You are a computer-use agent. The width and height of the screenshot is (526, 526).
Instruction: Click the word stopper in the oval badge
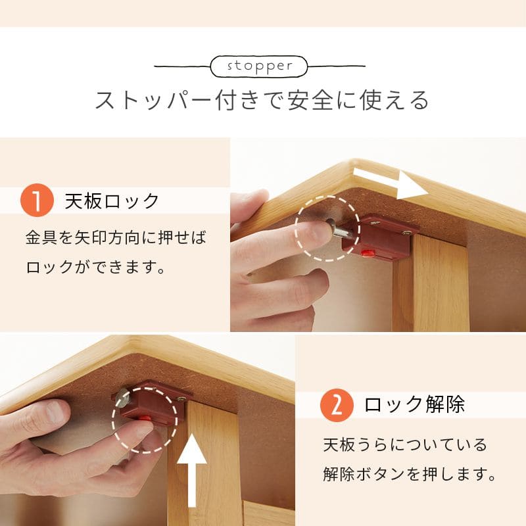tap(260, 66)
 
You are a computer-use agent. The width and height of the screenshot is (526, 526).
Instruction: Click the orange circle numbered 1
tap(37, 201)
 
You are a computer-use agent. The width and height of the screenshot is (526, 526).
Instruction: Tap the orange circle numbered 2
tap(337, 405)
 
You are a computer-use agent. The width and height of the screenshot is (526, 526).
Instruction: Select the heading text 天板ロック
tap(112, 201)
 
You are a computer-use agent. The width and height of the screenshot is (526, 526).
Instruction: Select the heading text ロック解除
tap(414, 404)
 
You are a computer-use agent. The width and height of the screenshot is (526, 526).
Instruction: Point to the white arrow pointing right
tap(391, 183)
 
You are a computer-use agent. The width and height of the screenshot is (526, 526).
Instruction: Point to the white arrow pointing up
tap(191, 470)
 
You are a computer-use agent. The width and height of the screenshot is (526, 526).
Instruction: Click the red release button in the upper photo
tap(368, 252)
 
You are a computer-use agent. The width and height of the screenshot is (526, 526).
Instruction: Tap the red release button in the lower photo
tap(145, 418)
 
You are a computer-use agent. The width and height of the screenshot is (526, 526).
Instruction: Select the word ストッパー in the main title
tap(153, 100)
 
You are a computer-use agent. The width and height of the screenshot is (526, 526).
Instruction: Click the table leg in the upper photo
tap(431, 284)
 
